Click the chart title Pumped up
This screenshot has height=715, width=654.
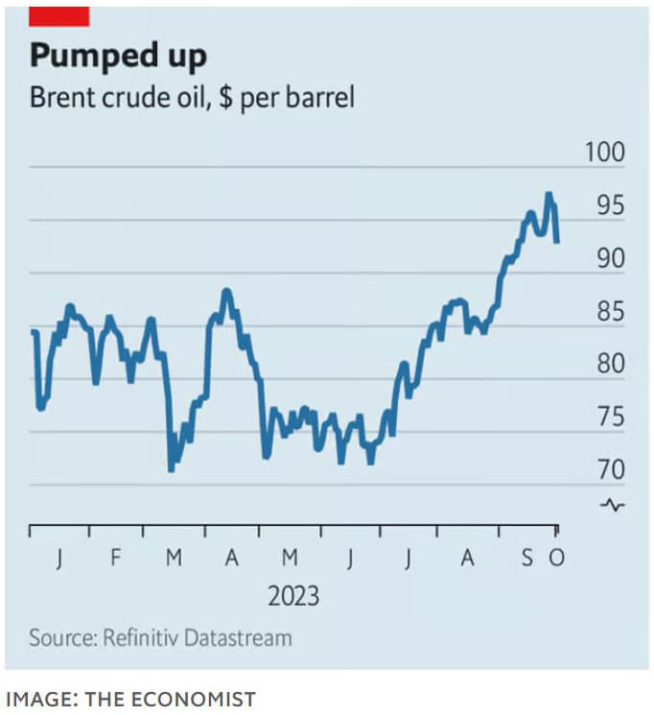pyautogui.click(x=117, y=56)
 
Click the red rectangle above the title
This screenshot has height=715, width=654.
pyautogui.click(x=59, y=15)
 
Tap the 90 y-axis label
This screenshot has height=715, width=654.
pyautogui.click(x=609, y=259)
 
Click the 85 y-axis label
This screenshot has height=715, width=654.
pyautogui.click(x=609, y=312)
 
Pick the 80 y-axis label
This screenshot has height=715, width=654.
pyautogui.click(x=609, y=365)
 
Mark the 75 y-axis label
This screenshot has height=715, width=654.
pyautogui.click(x=609, y=417)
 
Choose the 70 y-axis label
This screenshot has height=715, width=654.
pyautogui.click(x=609, y=470)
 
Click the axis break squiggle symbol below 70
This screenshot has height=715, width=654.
pyautogui.click(x=613, y=504)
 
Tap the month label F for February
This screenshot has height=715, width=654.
pyautogui.click(x=116, y=557)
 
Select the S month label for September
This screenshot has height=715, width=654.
pyautogui.click(x=527, y=557)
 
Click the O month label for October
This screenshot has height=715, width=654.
pyautogui.click(x=556, y=557)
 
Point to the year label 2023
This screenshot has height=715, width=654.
pyautogui.click(x=293, y=595)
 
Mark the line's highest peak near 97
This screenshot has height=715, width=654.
pyautogui.click(x=549, y=195)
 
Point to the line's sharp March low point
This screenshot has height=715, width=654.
pyautogui.click(x=171, y=469)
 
